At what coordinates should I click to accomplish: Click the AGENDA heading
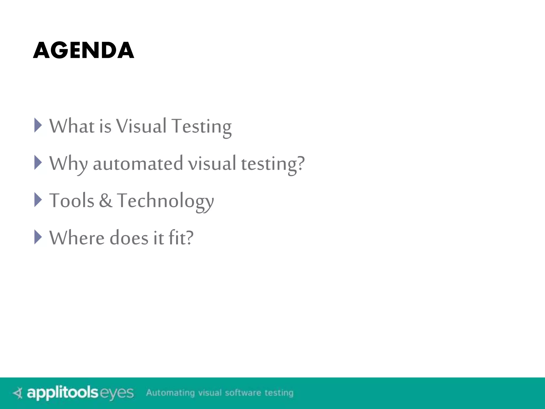[x=84, y=50]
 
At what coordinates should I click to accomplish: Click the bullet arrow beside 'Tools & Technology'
[x=38, y=200]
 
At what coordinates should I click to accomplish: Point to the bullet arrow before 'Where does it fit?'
[x=38, y=237]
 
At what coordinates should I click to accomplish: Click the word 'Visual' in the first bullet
[x=141, y=126]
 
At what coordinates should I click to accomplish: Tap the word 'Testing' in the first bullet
[x=201, y=126]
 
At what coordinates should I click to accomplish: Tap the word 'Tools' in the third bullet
[x=72, y=201]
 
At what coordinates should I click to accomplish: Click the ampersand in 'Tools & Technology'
[x=106, y=201]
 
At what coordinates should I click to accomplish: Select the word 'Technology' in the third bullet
[x=165, y=201]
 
